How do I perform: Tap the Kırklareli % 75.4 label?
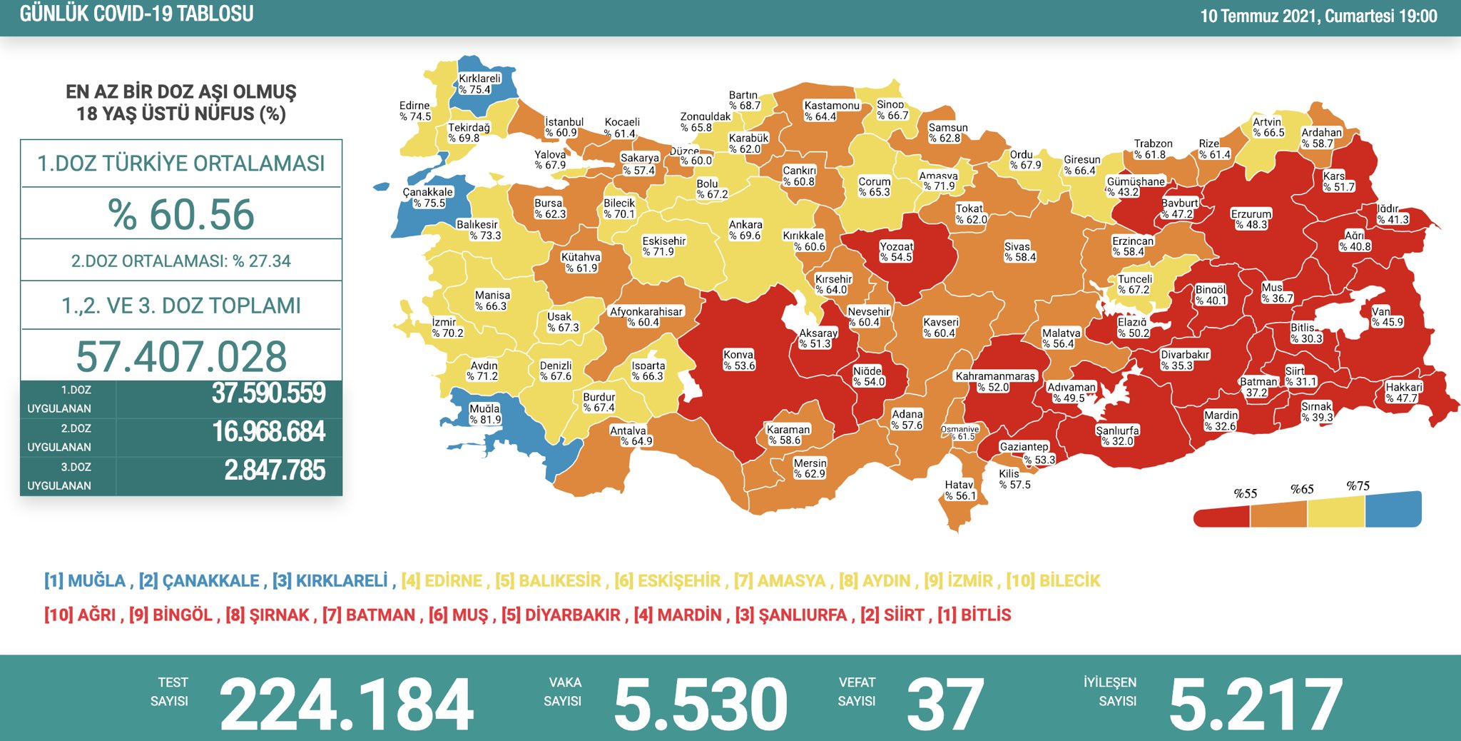[x=479, y=84]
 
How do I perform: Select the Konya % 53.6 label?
[x=738, y=360]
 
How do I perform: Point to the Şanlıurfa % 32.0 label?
[x=1117, y=435]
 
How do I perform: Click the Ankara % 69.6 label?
[x=745, y=230]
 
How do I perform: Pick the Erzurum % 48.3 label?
[x=1251, y=219]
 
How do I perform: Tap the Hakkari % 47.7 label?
[x=1403, y=393]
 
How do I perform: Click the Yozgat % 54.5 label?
[x=896, y=251]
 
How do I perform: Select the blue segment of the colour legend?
[x=1393, y=510]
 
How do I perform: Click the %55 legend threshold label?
[x=1245, y=493]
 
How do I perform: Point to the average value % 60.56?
[x=181, y=214]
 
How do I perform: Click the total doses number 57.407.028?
[x=181, y=356]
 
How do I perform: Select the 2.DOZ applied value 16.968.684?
[x=268, y=432]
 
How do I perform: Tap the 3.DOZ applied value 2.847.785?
[x=275, y=470]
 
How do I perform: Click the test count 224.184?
[x=347, y=705]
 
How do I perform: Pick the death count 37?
[x=945, y=705]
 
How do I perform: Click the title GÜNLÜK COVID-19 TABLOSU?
[x=136, y=14]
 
